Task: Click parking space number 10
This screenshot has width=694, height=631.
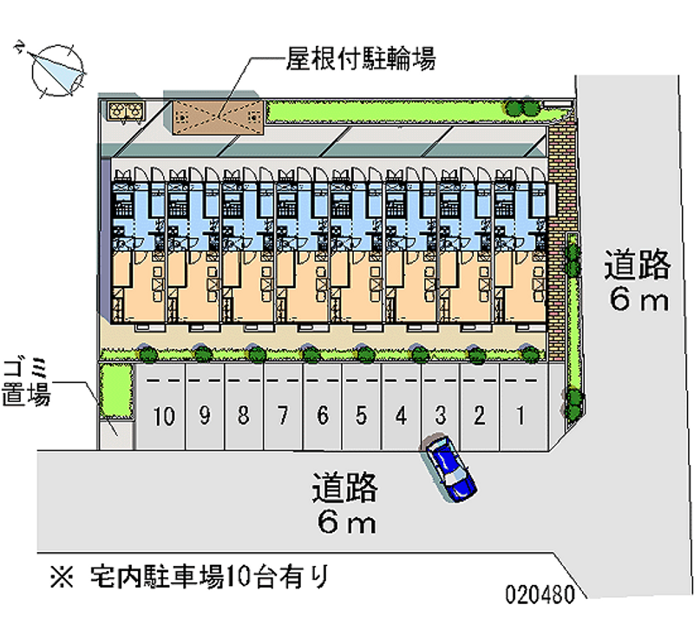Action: [164, 416]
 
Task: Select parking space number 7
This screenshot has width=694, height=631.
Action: [283, 416]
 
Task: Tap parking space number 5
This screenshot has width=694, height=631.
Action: [362, 416]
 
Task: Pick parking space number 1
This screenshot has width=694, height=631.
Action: [519, 416]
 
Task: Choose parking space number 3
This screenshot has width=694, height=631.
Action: [441, 416]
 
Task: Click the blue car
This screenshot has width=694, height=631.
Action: [450, 468]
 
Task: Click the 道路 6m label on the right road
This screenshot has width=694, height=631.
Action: [638, 281]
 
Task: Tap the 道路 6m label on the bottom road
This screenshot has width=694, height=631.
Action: [345, 504]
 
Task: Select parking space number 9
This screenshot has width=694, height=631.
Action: [204, 416]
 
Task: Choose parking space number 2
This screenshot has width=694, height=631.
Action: [479, 416]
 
